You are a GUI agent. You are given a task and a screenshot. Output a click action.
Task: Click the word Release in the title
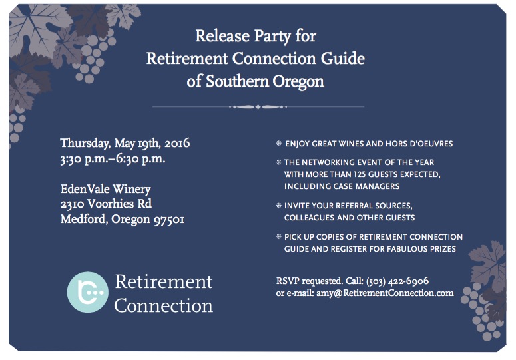pyautogui.click(x=222, y=35)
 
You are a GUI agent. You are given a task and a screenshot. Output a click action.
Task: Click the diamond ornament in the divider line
pyautogui.click(x=258, y=107)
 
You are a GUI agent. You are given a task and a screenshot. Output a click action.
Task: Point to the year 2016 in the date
pyautogui.click(x=177, y=143)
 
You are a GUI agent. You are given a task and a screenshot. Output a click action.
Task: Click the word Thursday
pyautogui.click(x=85, y=144)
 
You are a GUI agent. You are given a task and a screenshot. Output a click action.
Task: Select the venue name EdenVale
pyautogui.click(x=85, y=189)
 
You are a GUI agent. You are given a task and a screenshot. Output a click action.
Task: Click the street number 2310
pyautogui.click(x=72, y=204)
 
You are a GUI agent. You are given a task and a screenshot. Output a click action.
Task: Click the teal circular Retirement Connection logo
pyautogui.click(x=87, y=292)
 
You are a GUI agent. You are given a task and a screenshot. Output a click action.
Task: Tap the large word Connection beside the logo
pyautogui.click(x=163, y=305)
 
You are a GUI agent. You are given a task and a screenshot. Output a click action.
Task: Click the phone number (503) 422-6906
pyautogui.click(x=397, y=281)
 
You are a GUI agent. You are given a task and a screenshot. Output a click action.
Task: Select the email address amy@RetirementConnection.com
pyautogui.click(x=385, y=293)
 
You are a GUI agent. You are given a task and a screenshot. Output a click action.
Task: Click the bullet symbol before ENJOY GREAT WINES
pyautogui.click(x=279, y=143)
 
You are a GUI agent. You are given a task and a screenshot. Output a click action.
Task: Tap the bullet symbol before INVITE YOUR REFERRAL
pyautogui.click(x=279, y=206)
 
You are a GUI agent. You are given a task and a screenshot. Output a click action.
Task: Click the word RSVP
pyautogui.click(x=288, y=281)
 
